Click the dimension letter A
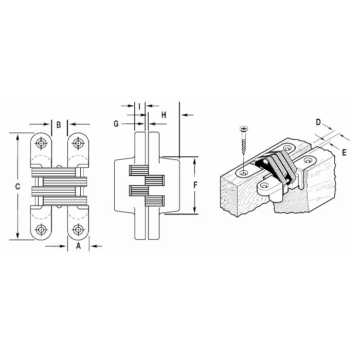click(79, 246)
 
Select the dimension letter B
click(59, 124)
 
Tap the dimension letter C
click(17, 187)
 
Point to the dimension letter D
click(318, 122)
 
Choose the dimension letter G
click(116, 124)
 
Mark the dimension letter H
click(163, 115)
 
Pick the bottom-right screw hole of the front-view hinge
click(78, 230)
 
